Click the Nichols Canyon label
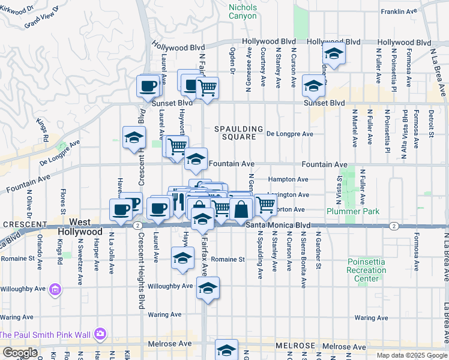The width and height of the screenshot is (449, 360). pyautogui.click(x=243, y=11)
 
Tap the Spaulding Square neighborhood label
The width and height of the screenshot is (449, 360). pyautogui.click(x=240, y=133)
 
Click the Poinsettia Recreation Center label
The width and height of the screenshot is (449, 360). pyautogui.click(x=366, y=270)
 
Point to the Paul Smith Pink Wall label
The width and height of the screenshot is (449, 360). pyautogui.click(x=44, y=334)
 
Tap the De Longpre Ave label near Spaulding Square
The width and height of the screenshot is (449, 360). pyautogui.click(x=290, y=134)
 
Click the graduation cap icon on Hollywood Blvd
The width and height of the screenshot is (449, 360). pyautogui.click(x=333, y=53)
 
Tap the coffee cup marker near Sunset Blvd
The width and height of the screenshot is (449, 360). pyautogui.click(x=148, y=86)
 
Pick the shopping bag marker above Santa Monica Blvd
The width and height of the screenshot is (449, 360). pyautogui.click(x=241, y=209)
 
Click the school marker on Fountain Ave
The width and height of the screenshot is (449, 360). pyautogui.click(x=195, y=159)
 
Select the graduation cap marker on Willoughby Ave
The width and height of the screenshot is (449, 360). pyautogui.click(x=208, y=289)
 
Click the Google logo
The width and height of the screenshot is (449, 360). pyautogui.click(x=20, y=353)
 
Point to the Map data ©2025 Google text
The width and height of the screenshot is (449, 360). pyautogui.click(x=411, y=355)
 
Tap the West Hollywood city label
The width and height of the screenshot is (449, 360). pyautogui.click(x=79, y=227)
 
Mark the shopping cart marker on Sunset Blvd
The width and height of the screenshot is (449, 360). pyautogui.click(x=207, y=88)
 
